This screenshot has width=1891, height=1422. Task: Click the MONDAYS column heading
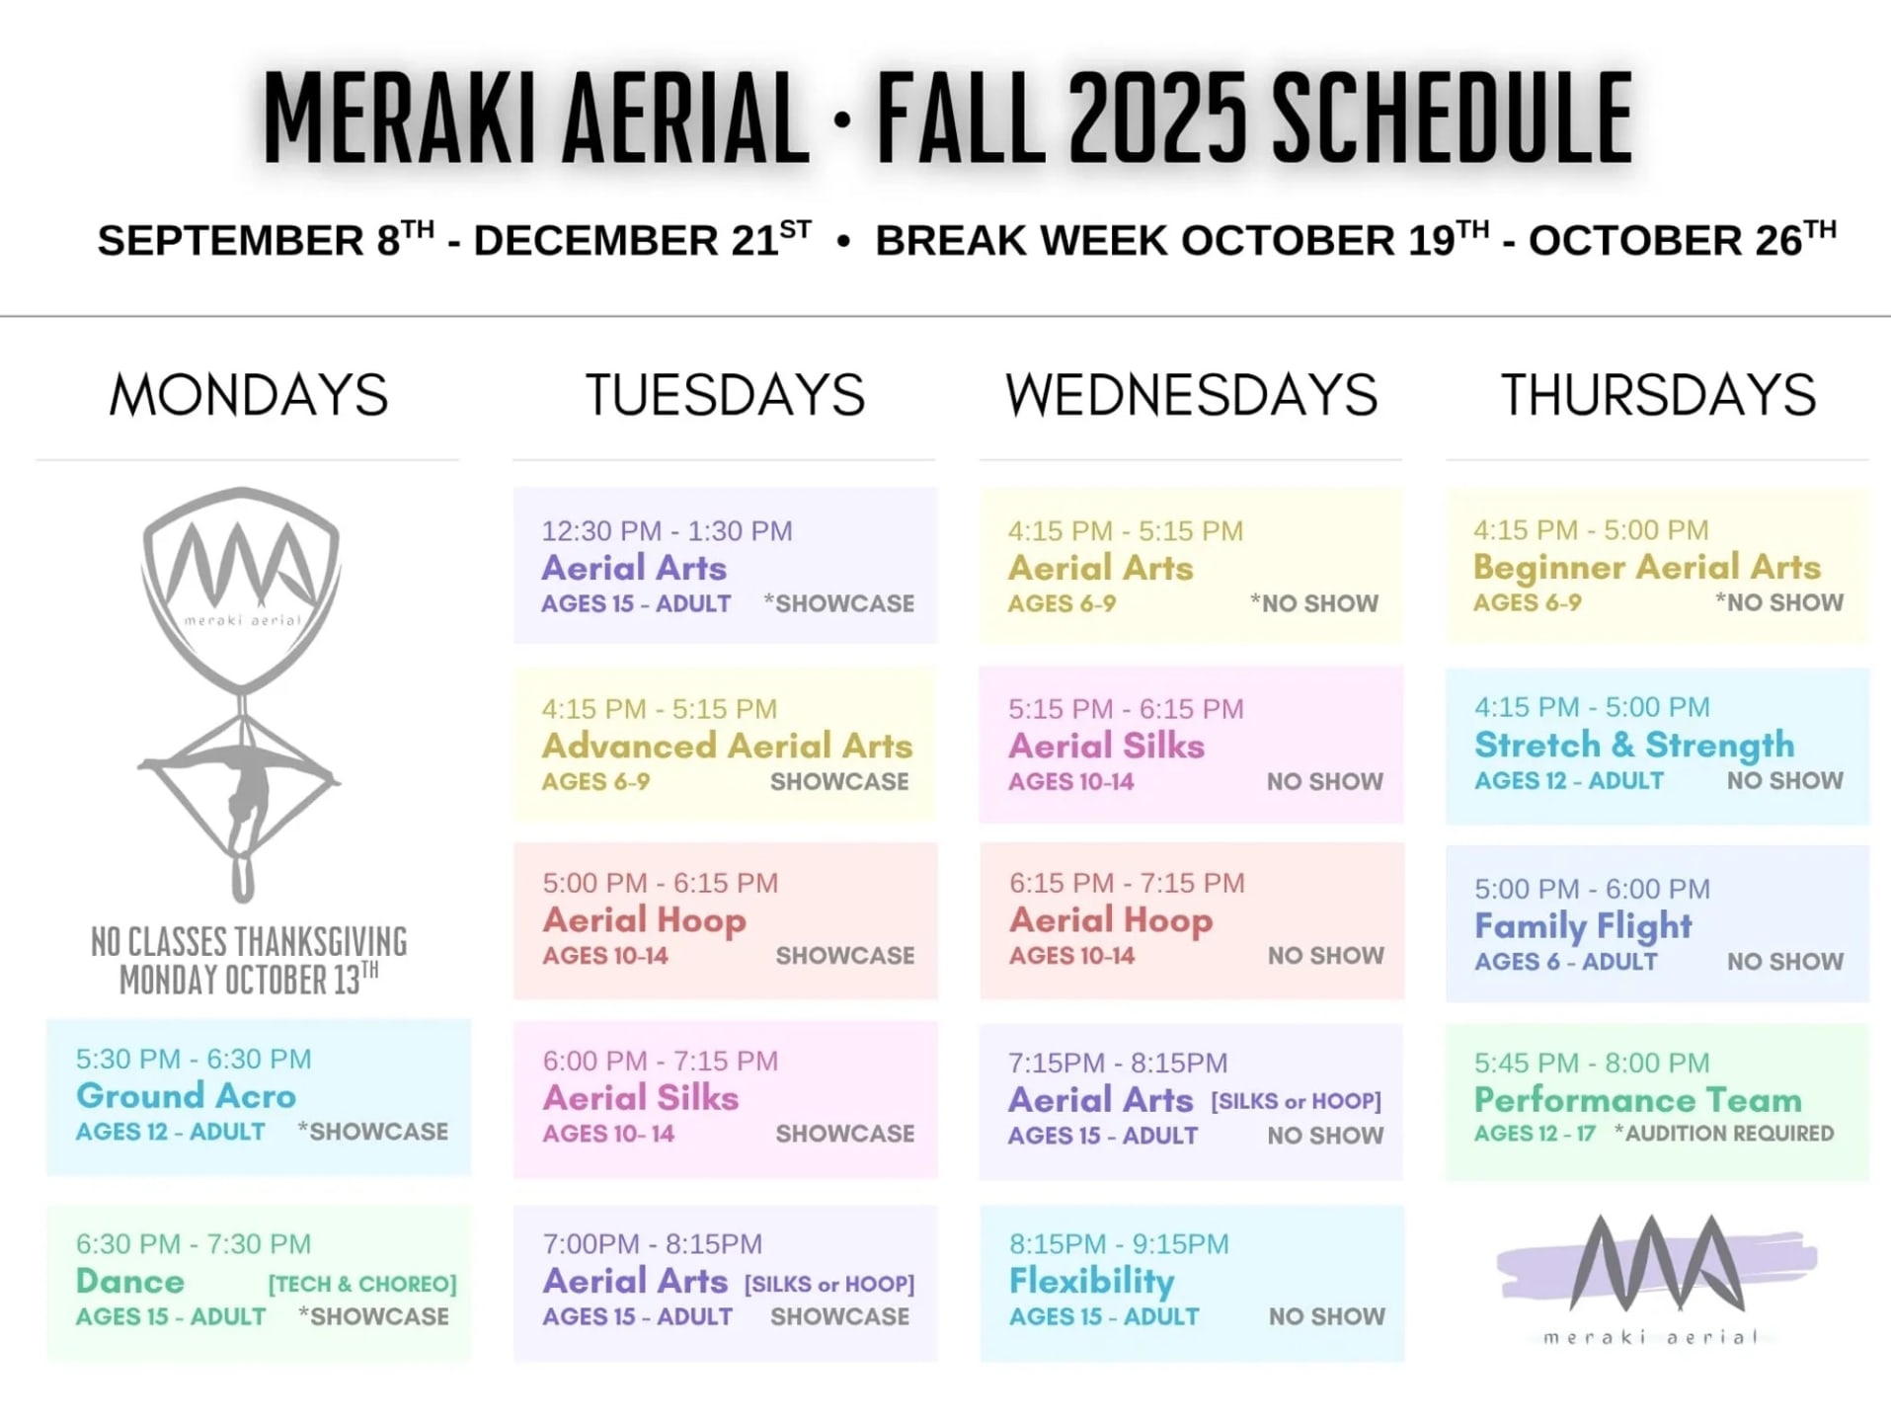[x=249, y=395]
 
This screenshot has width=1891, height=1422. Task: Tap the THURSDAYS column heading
[x=1658, y=395]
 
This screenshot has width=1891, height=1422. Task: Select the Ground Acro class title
[x=186, y=1095]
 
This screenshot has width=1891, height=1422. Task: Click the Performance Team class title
[x=1638, y=1099]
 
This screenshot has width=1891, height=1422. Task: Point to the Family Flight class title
[x=1583, y=926]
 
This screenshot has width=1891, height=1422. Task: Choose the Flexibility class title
[x=1091, y=1282]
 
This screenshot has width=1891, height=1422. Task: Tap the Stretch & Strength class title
[x=1634, y=745]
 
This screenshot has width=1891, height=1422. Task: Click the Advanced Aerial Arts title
[x=727, y=746]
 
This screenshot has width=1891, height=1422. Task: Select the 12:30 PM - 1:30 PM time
[x=667, y=531]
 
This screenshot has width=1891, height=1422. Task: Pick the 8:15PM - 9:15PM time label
[x=1119, y=1244]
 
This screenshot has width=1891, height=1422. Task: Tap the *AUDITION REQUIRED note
[x=1724, y=1134]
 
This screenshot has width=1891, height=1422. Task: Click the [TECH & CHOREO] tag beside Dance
[x=362, y=1284]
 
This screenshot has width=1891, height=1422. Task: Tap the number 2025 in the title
[x=1157, y=118]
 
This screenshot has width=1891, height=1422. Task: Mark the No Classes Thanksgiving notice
[x=248, y=961]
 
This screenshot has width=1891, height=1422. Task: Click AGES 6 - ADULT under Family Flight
[x=1566, y=962]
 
